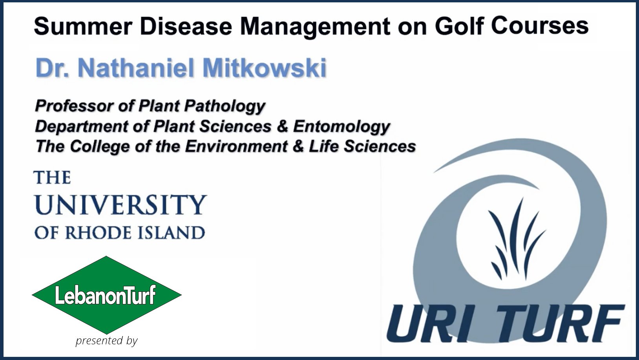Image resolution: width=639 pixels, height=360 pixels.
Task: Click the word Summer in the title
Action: tap(83, 26)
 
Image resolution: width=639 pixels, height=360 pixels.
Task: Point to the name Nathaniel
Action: tap(135, 68)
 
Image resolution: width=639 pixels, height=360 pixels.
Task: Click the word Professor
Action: tap(74, 106)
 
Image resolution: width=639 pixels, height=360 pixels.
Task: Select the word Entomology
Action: tap(341, 127)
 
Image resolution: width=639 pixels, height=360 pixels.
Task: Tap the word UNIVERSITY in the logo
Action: tap(120, 205)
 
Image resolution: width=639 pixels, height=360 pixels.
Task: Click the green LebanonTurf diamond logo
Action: tap(107, 295)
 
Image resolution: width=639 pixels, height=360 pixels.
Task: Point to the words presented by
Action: tap(107, 341)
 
